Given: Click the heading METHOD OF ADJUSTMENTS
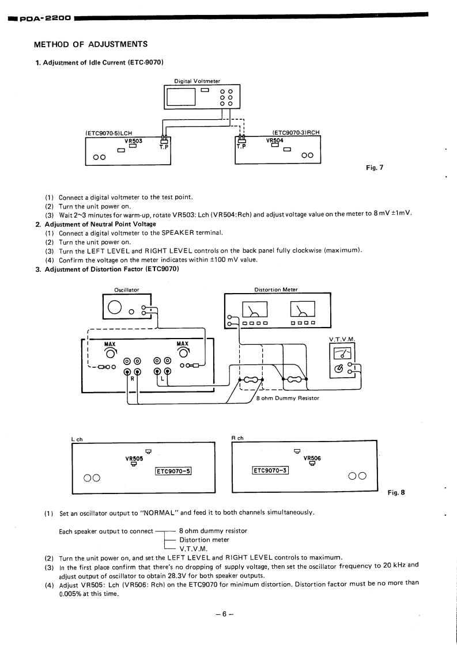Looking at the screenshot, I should tap(91, 44).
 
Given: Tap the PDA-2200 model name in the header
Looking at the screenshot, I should tap(45, 18).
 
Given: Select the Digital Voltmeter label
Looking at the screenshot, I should tap(197, 81).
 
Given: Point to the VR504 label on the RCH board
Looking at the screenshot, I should tap(275, 140).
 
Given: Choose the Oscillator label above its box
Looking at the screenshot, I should tap(127, 290).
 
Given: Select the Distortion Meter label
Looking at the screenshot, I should tap(276, 290).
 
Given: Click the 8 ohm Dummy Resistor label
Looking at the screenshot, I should tap(287, 398).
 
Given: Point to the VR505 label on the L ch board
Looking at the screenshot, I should tap(134, 458).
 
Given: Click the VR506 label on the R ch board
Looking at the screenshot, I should tap(311, 458).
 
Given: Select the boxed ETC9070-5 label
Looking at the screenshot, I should tap(173, 471).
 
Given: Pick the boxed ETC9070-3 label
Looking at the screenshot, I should tap(270, 471).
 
